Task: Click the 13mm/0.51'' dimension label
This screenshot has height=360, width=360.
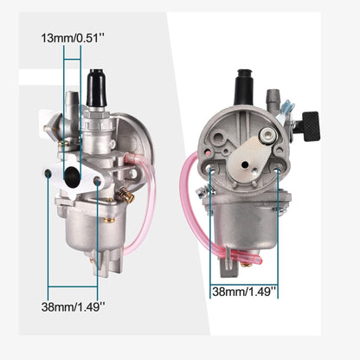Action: coord(73,38)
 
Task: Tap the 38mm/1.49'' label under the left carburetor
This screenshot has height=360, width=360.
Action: coord(73,306)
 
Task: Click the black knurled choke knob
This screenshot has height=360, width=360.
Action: coord(310,126)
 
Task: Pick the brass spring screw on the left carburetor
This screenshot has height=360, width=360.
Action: coord(125,195)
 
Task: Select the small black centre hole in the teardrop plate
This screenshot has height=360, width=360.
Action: coord(245,164)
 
